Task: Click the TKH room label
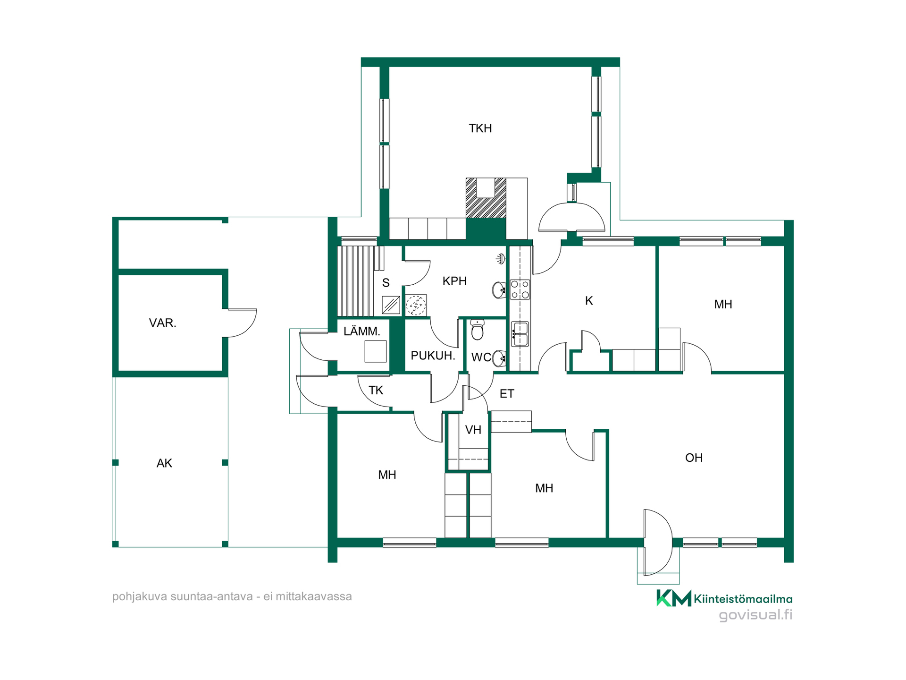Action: click(480, 128)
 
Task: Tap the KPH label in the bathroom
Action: click(454, 281)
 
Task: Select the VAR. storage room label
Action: click(162, 323)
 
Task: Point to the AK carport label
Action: click(164, 463)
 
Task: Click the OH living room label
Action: click(694, 458)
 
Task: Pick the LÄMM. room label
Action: click(362, 331)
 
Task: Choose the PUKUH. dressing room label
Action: click(433, 356)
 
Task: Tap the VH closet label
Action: click(473, 430)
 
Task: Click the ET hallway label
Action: click(507, 394)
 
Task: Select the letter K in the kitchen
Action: click(589, 301)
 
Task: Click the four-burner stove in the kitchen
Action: click(520, 289)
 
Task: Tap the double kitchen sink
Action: click(520, 334)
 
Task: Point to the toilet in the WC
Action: click(478, 330)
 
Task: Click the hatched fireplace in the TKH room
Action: click(486, 198)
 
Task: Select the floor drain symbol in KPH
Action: click(416, 305)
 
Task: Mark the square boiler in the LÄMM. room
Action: click(376, 351)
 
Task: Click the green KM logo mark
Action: click(674, 598)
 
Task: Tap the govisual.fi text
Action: click(755, 615)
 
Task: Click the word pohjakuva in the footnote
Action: click(140, 597)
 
